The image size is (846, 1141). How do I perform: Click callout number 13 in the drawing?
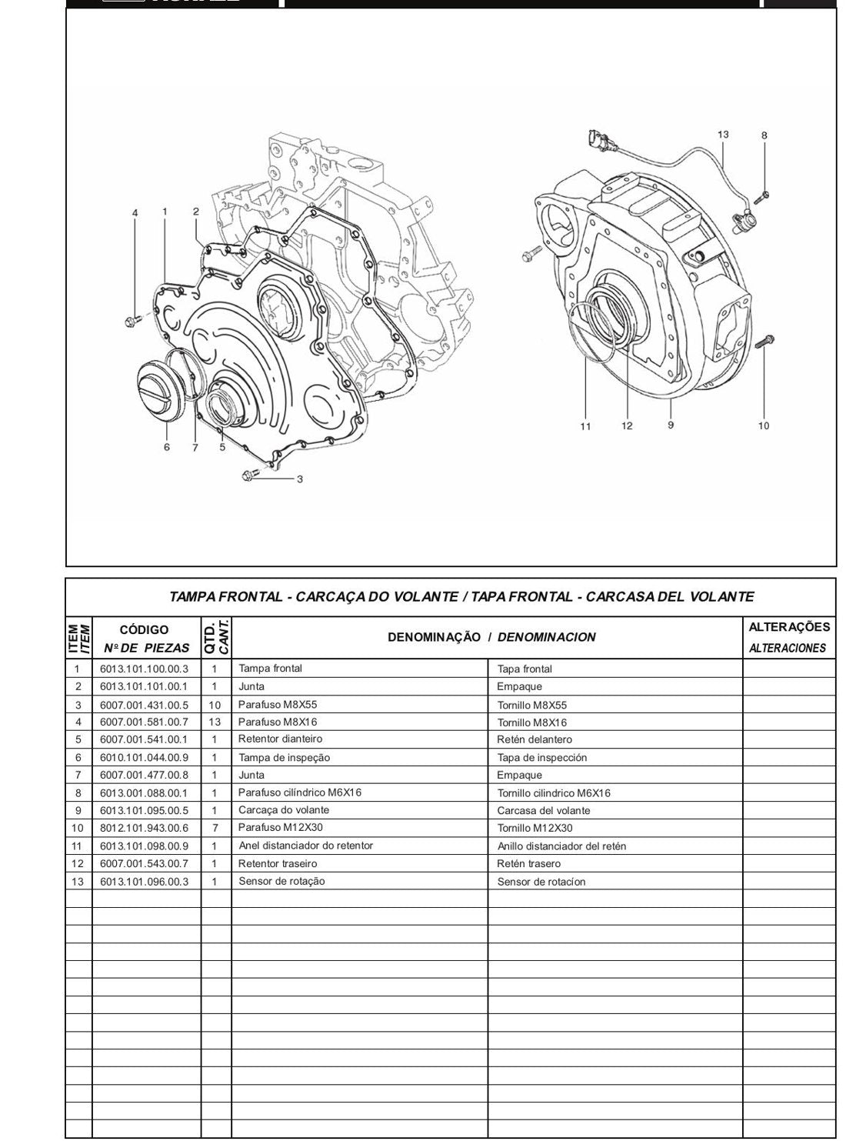[x=723, y=135]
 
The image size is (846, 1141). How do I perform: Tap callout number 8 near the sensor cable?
[x=764, y=136]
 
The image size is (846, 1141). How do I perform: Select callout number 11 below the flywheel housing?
[x=585, y=426]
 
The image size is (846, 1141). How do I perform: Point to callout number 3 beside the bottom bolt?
[x=300, y=479]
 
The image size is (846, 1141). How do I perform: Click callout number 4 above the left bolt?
[x=135, y=212]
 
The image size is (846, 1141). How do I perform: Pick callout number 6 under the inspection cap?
[x=167, y=448]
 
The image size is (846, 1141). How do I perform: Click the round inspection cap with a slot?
[x=158, y=389]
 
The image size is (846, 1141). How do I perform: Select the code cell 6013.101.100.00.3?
[x=144, y=669]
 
